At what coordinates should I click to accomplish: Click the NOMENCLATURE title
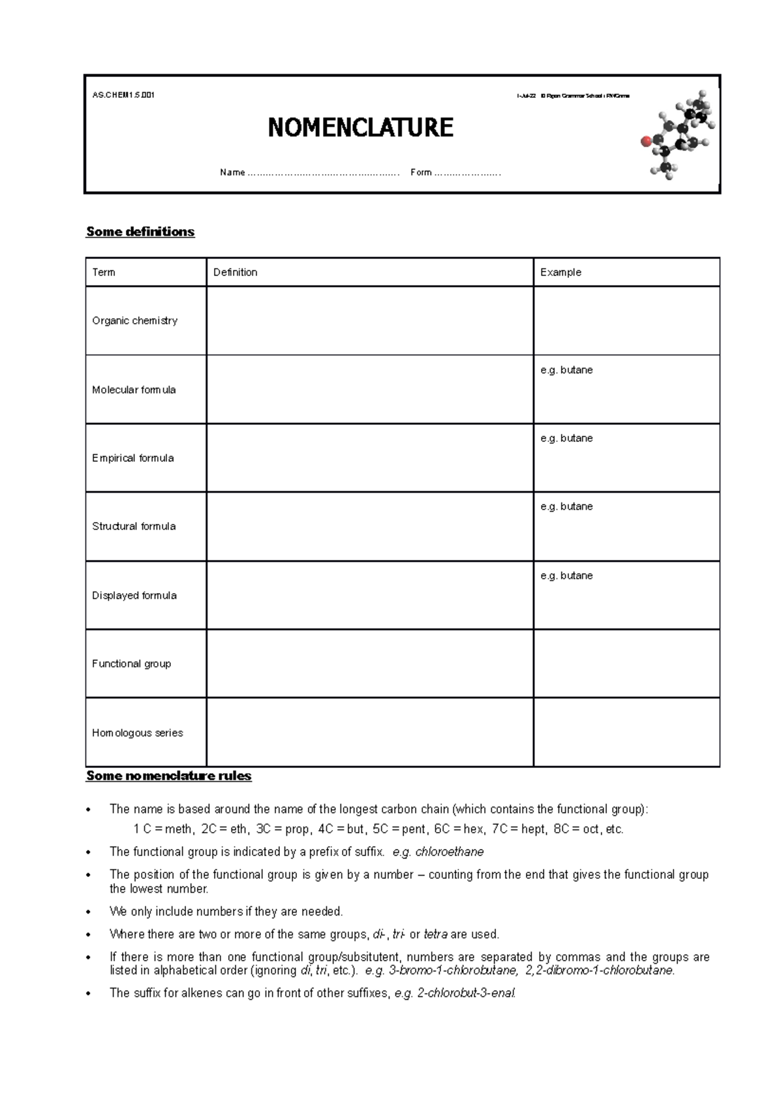(360, 127)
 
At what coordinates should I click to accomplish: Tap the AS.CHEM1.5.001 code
(123, 95)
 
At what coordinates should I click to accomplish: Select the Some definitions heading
(140, 232)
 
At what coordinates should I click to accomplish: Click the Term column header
(104, 272)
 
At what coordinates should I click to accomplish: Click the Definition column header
(235, 272)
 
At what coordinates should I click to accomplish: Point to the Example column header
(560, 272)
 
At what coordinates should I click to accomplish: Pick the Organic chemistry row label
(134, 320)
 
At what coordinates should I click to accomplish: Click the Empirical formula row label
(133, 458)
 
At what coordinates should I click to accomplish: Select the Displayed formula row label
(134, 595)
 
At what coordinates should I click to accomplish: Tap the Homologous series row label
(137, 733)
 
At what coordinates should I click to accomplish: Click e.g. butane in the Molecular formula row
(566, 370)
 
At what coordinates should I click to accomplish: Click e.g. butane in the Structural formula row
(566, 506)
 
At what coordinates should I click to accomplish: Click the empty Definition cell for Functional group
(369, 664)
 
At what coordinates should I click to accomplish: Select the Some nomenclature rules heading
(168, 776)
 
